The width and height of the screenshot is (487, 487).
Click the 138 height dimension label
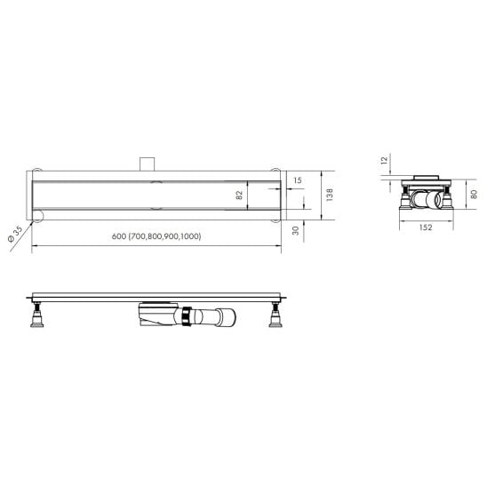(330, 195)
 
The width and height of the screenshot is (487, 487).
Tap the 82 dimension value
(239, 195)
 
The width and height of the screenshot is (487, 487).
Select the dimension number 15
(298, 180)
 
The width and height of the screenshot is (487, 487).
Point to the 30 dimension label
(296, 230)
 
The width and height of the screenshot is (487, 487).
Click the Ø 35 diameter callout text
(15, 234)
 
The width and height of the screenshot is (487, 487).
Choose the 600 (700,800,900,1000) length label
(156, 236)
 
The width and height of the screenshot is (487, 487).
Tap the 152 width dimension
(426, 228)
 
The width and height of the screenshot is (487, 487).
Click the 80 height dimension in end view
(474, 195)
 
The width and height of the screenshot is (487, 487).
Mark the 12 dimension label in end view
(385, 160)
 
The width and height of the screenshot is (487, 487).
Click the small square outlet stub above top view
(147, 164)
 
